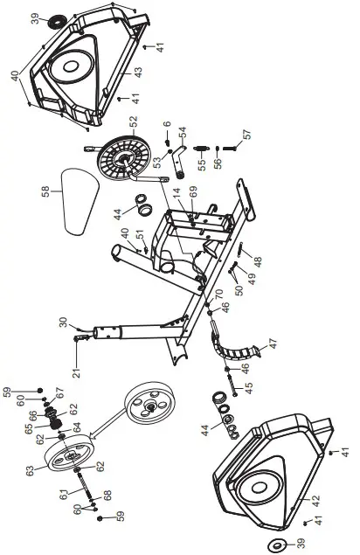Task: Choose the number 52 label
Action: (x=158, y=124)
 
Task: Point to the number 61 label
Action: (x=62, y=495)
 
